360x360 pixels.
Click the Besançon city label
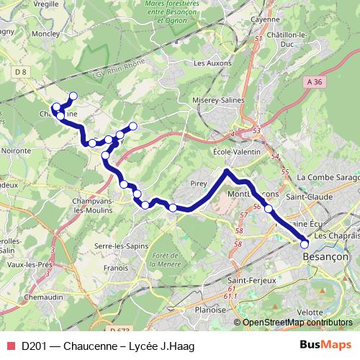tap(326, 256)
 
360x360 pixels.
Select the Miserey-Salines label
tap(220, 101)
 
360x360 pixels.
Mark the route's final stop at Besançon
tap(305, 244)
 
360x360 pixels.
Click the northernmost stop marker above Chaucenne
tap(73, 96)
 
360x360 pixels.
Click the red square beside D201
tap(10, 346)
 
